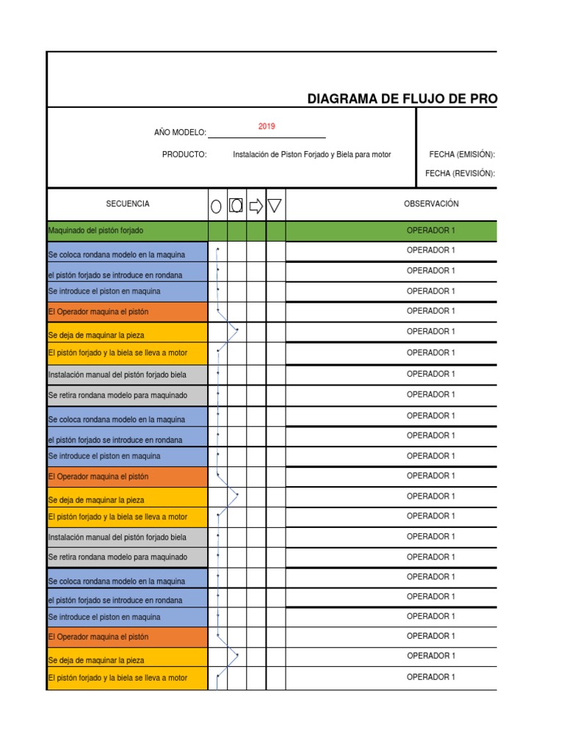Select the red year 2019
[x=267, y=126]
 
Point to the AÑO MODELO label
[x=180, y=132]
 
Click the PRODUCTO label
[x=184, y=154]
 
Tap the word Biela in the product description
[x=343, y=154]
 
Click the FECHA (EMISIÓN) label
[x=462, y=154]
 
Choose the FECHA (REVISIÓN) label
[x=460, y=173]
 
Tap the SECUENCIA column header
[x=128, y=203]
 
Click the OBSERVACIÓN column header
[x=431, y=203]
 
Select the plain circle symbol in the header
[x=217, y=206]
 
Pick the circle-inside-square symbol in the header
[x=236, y=205]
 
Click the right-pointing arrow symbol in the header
[x=256, y=206]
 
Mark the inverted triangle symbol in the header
[x=275, y=206]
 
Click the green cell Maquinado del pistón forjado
[x=95, y=231]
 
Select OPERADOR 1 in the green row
[x=431, y=231]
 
